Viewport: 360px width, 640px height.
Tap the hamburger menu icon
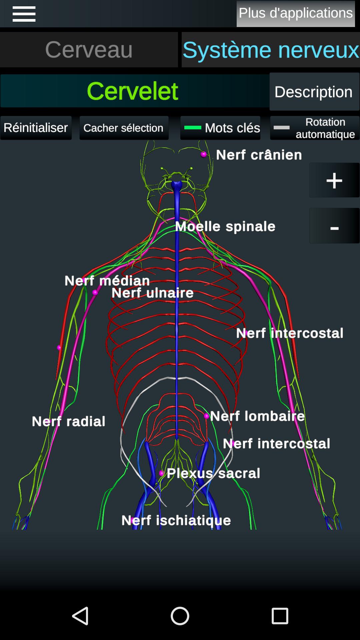click(x=24, y=14)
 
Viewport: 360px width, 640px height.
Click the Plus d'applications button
click(x=296, y=14)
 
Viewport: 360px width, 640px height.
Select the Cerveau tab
click(x=89, y=50)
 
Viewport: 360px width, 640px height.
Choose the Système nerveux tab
click(x=271, y=50)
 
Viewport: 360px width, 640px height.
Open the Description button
click(x=314, y=92)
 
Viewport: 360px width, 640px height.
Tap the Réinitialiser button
click(x=36, y=128)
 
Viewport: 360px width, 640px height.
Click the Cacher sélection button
click(x=124, y=128)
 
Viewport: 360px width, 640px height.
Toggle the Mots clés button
click(x=220, y=128)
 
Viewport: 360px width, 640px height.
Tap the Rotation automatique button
click(x=315, y=128)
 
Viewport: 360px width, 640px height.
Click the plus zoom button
click(x=334, y=180)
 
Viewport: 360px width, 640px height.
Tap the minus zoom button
click(x=334, y=226)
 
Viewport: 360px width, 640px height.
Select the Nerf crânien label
click(x=259, y=155)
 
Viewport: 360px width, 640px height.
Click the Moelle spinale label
click(x=225, y=227)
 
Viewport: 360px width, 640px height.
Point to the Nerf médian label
click(x=107, y=281)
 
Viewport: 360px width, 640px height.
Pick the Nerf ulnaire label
click(x=153, y=293)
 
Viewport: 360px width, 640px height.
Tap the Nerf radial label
click(x=69, y=421)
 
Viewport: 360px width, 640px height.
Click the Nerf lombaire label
click(x=258, y=416)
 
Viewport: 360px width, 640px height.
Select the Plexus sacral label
click(x=213, y=473)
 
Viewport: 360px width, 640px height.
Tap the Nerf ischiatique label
click(x=176, y=520)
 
